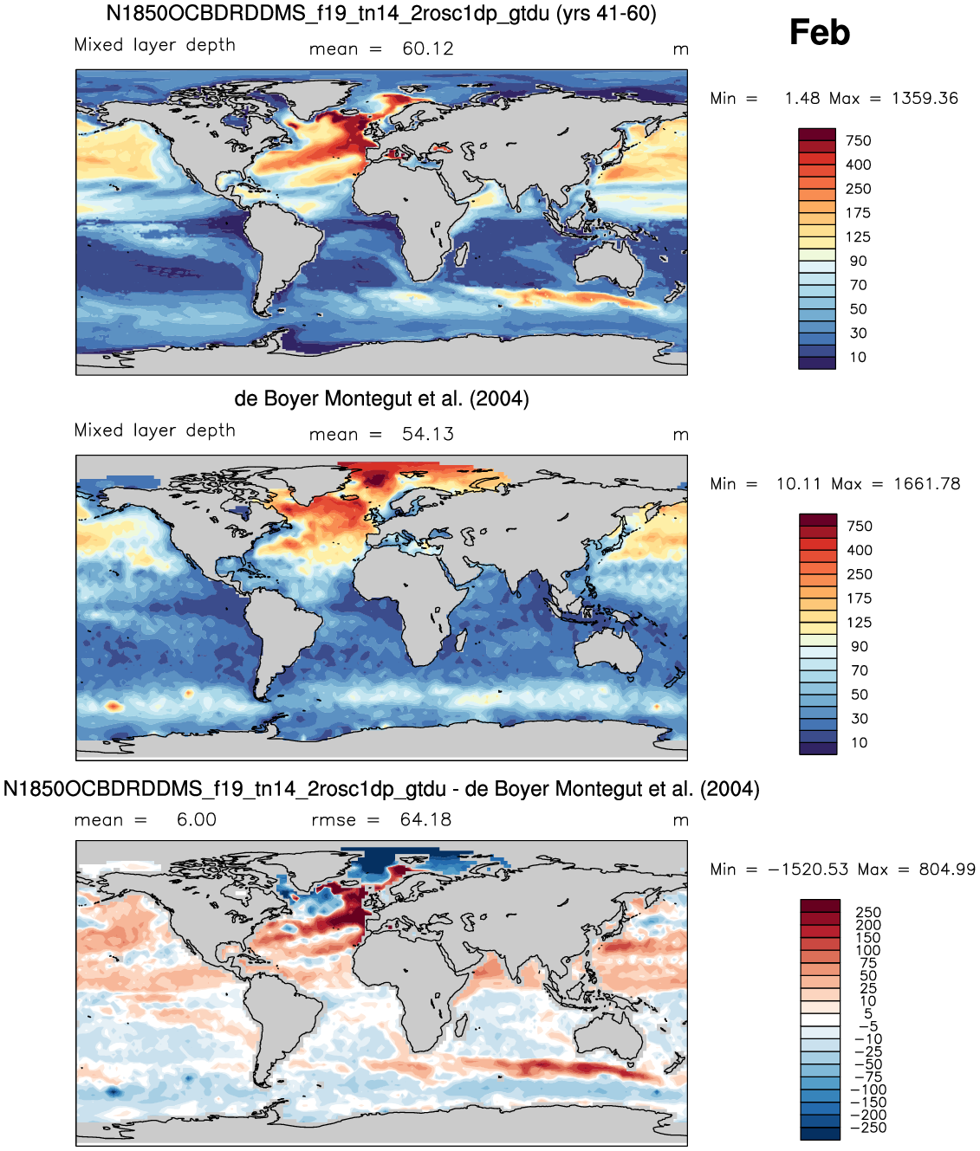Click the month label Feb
[x=819, y=32]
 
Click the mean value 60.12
[x=428, y=49]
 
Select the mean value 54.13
[x=428, y=435]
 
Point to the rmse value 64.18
[x=425, y=820]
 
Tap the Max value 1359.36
[x=925, y=99]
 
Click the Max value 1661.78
[x=927, y=484]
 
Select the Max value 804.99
[x=947, y=870]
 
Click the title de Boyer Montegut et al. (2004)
[x=381, y=399]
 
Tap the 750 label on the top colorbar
[x=858, y=141]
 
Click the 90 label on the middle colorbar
[x=859, y=646]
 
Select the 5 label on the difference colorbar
[x=868, y=1013]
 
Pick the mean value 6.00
[x=196, y=820]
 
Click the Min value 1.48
[x=802, y=99]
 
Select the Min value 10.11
[x=798, y=484]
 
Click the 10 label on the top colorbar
[x=858, y=358]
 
